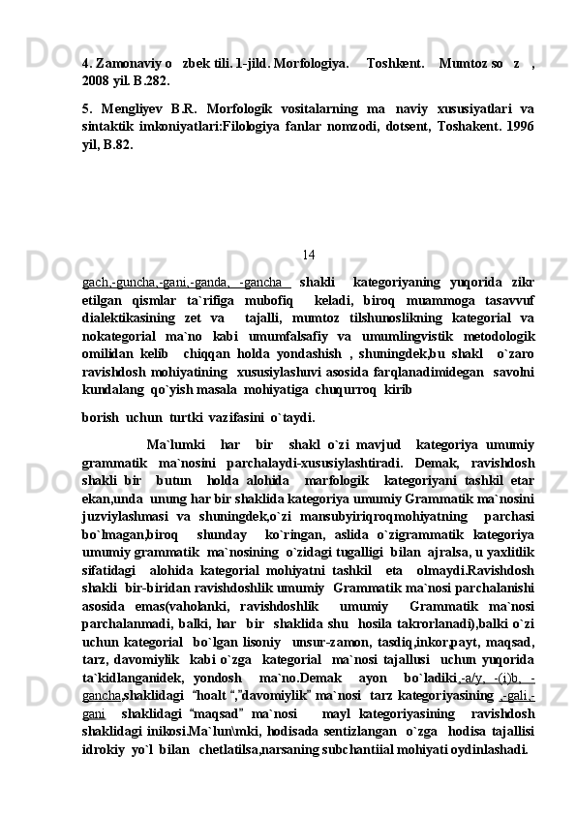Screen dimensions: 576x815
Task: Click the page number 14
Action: (308, 255)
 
